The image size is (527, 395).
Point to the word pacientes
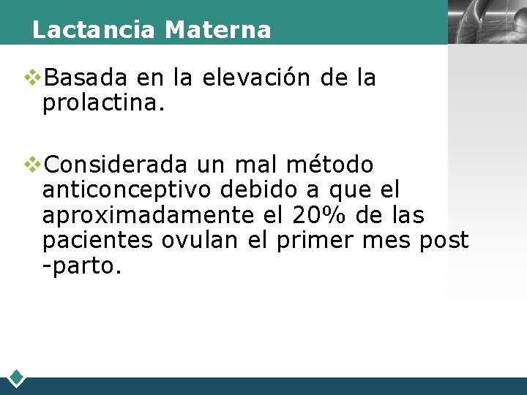pos(97,241)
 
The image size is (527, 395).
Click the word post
pos(444,241)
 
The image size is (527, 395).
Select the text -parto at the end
pos(81,266)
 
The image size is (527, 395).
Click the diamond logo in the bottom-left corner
pos(17,378)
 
